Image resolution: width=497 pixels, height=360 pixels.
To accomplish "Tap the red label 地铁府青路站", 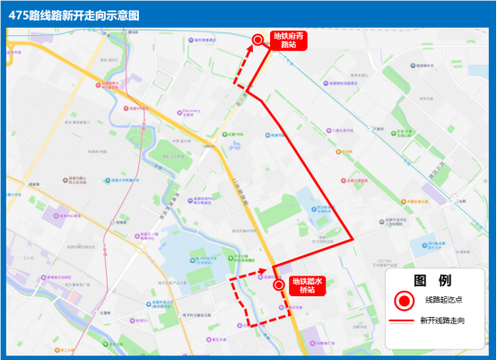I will click(289, 40).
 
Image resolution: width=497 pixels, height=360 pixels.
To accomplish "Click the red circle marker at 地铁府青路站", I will click(258, 40).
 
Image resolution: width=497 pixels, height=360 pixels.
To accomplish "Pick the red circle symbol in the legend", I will click(405, 300).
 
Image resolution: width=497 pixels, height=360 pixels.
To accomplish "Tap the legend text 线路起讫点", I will click(445, 300).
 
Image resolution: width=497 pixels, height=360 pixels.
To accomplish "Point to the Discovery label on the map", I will click(190, 112).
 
